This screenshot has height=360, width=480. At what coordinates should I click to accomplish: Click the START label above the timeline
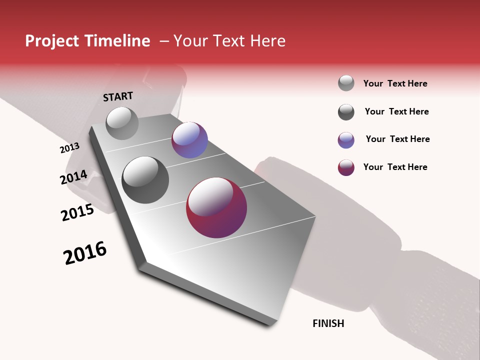tap(118, 96)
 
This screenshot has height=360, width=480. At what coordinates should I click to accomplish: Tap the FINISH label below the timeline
tap(328, 323)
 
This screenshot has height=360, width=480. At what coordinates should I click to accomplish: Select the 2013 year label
tap(70, 148)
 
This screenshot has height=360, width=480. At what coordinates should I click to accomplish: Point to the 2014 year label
tap(73, 177)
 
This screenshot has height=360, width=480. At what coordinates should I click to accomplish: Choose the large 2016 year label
tap(85, 253)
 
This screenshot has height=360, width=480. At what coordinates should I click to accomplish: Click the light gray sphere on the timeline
tap(122, 123)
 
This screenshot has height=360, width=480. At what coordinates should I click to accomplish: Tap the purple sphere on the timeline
tap(189, 140)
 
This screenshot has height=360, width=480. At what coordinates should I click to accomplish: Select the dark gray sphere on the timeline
tap(145, 179)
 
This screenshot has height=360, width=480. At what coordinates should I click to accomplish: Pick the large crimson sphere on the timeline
tap(216, 207)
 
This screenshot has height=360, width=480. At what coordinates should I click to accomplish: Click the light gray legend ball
tap(346, 83)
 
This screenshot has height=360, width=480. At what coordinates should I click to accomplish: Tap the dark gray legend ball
tap(346, 112)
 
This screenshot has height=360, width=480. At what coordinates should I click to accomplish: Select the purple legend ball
tap(346, 140)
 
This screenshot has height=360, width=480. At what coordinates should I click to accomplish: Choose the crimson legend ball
tap(346, 168)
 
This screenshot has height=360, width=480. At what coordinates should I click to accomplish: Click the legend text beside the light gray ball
tap(395, 83)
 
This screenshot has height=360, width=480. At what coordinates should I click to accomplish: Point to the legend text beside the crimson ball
tap(395, 167)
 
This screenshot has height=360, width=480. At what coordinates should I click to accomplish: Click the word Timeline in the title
tap(118, 41)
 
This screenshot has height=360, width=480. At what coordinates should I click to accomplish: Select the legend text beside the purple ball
tap(397, 139)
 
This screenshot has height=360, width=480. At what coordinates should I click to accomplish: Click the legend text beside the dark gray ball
tap(396, 111)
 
